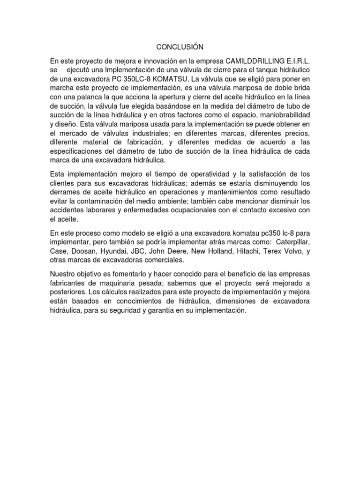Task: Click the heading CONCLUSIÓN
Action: [x=180, y=47]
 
